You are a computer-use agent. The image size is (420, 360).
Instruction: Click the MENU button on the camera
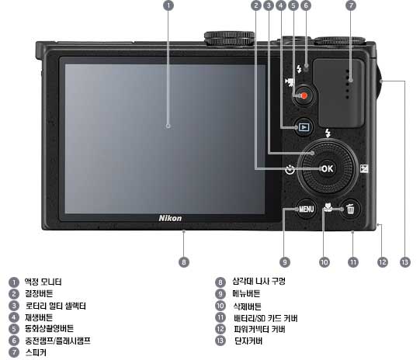[x=306, y=209]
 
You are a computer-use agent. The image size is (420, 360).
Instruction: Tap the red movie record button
[x=304, y=95]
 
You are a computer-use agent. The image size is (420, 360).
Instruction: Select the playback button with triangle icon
[x=304, y=127]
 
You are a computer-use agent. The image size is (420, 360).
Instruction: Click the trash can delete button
[x=350, y=209]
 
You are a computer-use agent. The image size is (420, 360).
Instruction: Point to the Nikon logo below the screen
[x=170, y=218]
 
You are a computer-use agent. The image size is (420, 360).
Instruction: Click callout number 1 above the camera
[x=168, y=5]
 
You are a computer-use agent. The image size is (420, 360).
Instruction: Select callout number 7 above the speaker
[x=351, y=5]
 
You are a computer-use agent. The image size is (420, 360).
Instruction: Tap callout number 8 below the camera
[x=184, y=262]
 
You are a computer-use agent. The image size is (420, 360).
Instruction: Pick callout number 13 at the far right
[x=405, y=262]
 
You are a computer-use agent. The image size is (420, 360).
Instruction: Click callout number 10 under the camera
[x=325, y=262]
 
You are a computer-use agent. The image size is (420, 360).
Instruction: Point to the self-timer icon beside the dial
[x=290, y=169]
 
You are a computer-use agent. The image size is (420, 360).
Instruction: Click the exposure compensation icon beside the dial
[x=364, y=168]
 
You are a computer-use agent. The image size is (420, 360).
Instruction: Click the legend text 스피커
[x=36, y=352]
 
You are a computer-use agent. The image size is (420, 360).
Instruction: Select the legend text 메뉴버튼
[x=246, y=293]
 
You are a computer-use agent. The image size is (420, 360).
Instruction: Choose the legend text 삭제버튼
[x=247, y=306]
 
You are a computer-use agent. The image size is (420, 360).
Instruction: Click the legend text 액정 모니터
[x=43, y=282]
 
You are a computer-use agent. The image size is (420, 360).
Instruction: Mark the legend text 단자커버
[x=248, y=341]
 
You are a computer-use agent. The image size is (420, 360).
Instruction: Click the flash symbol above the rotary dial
[x=328, y=133]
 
